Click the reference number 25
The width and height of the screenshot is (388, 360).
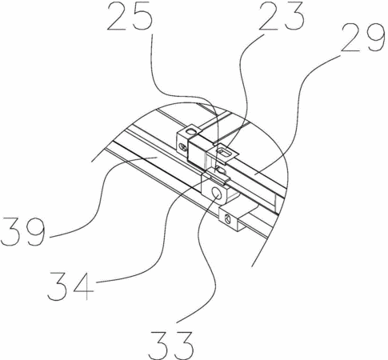[130, 16]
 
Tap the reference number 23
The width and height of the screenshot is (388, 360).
[281, 16]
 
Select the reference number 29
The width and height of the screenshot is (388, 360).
[362, 38]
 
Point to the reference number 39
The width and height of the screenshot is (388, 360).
[22, 231]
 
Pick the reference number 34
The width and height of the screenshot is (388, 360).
[70, 286]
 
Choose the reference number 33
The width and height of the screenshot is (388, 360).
[171, 346]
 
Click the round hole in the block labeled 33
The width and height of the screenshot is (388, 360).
[216, 193]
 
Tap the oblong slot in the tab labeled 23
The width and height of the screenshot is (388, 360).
[224, 153]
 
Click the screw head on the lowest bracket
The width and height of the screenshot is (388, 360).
[227, 219]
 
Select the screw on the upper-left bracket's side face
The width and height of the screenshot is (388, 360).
[183, 146]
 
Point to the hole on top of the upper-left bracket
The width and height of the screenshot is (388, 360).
[191, 131]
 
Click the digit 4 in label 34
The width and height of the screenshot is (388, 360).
[82, 286]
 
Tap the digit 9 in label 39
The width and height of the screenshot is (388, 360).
[34, 231]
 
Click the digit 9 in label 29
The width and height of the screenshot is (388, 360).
[375, 38]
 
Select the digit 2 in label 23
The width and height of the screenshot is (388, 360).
[269, 16]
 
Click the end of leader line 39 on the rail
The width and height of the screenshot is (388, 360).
[156, 158]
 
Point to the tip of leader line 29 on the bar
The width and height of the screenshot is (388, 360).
[254, 174]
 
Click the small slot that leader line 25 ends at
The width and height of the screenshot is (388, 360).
[220, 169]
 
